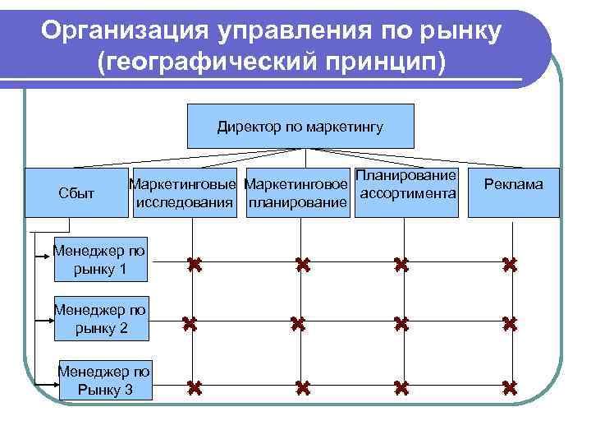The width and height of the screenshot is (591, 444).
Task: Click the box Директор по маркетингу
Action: click(300, 127)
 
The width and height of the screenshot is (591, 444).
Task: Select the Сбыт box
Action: click(71, 193)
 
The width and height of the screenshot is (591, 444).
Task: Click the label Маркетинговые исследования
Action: click(186, 193)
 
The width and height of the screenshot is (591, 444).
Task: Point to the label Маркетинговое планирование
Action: click(297, 193)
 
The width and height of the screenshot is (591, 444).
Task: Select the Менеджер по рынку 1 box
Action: click(99, 258)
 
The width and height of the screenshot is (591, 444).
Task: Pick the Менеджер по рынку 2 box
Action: click(101, 319)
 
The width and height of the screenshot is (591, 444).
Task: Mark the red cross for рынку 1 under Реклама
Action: click(510, 265)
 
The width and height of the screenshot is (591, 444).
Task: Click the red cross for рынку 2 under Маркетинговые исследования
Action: click(191, 325)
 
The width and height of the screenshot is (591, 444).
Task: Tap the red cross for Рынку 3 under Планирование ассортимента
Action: click(401, 386)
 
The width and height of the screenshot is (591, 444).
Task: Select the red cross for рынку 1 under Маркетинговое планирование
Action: click(302, 265)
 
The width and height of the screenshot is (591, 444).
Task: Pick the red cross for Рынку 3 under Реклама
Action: click(510, 386)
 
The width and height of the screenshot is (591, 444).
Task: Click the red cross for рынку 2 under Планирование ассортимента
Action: click(401, 325)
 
